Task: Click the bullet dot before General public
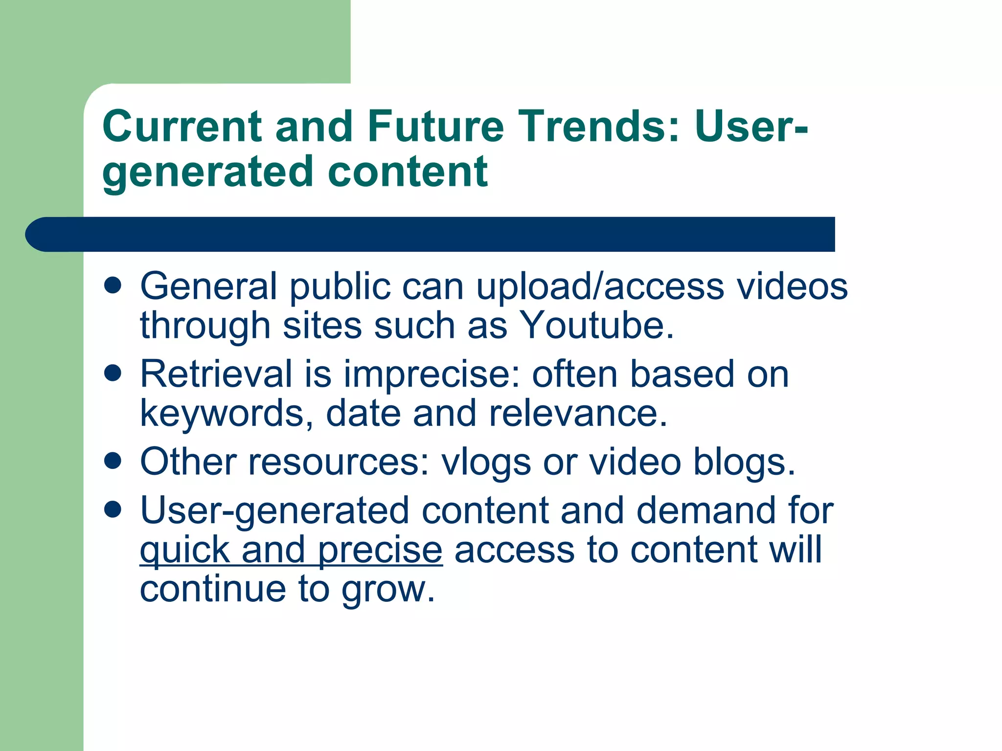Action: tap(113, 286)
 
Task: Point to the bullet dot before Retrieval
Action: tap(113, 374)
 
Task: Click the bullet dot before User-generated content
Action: tap(113, 509)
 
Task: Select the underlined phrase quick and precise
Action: tap(291, 550)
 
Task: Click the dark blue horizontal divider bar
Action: tap(431, 234)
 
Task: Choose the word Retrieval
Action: tap(216, 374)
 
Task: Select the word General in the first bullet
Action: tap(208, 286)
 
